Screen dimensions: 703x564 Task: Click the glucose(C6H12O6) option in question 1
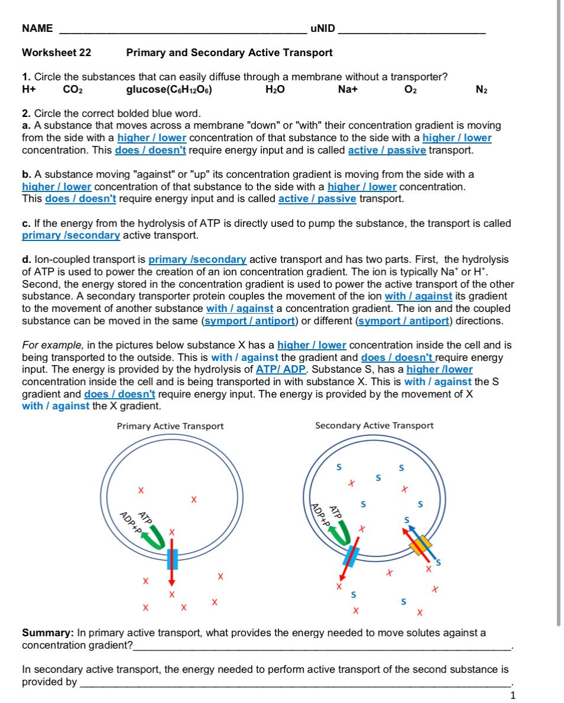point(170,90)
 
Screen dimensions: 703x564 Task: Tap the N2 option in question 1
point(481,90)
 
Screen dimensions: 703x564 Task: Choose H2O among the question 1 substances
point(275,90)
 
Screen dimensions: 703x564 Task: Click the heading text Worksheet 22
point(57,53)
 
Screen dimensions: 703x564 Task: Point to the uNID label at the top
point(322,28)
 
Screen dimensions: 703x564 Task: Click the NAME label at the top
point(37,28)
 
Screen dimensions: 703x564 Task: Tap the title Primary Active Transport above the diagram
point(170,426)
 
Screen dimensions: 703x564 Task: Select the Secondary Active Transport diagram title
point(374,425)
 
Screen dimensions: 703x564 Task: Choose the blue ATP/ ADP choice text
point(281,369)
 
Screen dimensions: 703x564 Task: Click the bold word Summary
point(48,633)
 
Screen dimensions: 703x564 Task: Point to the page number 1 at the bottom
point(513,695)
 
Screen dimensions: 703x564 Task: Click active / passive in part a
point(387,150)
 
